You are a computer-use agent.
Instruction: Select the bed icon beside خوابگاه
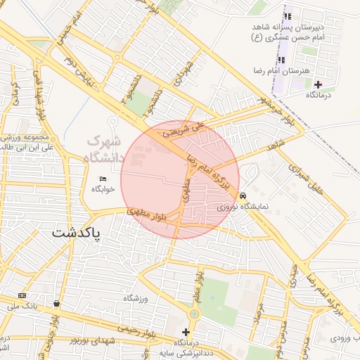tap(103, 179)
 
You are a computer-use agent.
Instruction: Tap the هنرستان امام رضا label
tap(282, 72)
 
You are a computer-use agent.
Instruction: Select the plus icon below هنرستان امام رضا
tap(318, 84)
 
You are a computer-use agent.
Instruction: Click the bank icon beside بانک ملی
tap(22, 295)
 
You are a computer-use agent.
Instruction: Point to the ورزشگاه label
tap(139, 299)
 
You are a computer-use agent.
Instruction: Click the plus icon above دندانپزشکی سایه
tap(186, 332)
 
